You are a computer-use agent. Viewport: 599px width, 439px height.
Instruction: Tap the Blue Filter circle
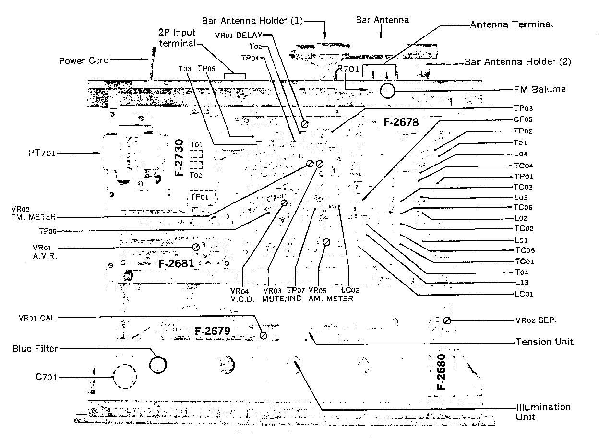tap(157, 365)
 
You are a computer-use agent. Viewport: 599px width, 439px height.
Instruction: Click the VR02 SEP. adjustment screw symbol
tap(447, 320)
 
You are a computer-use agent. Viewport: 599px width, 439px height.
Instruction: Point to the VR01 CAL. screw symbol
tap(263, 335)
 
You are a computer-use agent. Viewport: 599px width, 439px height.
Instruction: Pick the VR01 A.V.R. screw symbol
tap(195, 247)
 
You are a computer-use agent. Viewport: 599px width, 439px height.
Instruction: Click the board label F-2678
tap(401, 122)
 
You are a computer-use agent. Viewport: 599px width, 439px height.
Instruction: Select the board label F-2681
tap(176, 262)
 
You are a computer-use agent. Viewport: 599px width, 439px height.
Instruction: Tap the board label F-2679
tap(213, 331)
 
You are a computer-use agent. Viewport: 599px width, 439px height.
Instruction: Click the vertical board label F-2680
tap(441, 372)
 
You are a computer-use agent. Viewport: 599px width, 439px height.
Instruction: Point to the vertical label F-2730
tap(180, 158)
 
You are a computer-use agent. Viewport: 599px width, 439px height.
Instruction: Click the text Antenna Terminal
tap(512, 24)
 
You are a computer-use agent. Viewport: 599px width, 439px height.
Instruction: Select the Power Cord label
tap(84, 61)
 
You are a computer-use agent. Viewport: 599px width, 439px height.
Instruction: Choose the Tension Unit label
tap(544, 342)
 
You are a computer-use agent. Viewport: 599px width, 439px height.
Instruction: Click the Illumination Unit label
tap(543, 412)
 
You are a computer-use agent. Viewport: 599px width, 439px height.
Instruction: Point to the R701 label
tap(348, 69)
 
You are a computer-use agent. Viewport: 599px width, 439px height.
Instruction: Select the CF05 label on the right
tap(523, 119)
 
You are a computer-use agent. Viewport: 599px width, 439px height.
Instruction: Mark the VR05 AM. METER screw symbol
tap(326, 242)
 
